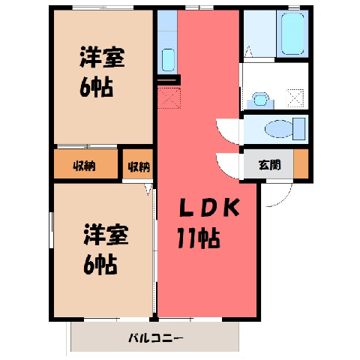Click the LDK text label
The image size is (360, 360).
coord(209,208)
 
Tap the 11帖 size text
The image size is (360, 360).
coord(199,238)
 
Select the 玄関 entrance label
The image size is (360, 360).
coord(269,165)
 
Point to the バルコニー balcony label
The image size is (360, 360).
coord(156,338)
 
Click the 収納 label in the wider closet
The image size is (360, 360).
coord(84,166)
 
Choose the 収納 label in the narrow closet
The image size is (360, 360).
coord(139,166)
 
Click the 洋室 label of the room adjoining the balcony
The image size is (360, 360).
coord(106,235)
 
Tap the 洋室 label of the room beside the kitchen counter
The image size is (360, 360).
coord(102,57)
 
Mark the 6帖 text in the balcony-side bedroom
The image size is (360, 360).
coord(100,265)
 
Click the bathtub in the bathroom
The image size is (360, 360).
coord(292,34)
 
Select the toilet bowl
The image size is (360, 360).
coord(279,129)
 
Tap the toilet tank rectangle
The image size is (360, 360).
coord(298,129)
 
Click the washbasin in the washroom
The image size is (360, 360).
coord(261,100)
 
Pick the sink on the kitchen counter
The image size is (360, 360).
coord(168,60)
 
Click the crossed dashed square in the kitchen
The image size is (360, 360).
coord(169,97)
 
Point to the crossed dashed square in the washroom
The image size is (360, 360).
coord(295,98)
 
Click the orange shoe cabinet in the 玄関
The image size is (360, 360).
coord(301,163)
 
